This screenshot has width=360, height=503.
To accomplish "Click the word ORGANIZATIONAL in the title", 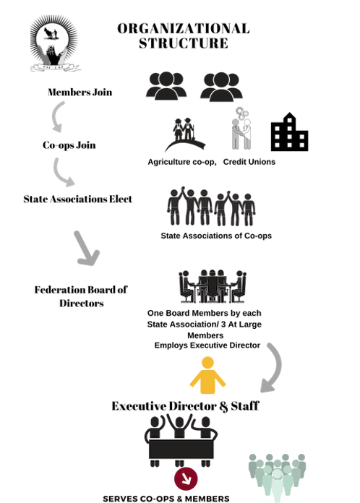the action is click(183, 29).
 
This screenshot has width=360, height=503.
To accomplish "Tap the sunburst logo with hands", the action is click(54, 43).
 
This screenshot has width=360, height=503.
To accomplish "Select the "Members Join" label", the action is click(80, 92).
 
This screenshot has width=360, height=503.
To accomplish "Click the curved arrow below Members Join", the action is click(58, 116).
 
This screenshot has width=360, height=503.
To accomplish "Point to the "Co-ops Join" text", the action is click(69, 145).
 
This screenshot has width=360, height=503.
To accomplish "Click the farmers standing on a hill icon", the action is click(185, 134).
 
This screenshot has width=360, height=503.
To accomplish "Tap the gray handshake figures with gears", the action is click(241, 129).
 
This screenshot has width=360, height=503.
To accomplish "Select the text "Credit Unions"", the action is click(249, 162).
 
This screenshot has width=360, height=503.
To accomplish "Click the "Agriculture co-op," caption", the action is click(182, 162).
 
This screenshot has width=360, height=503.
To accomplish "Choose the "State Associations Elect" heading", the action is click(77, 199).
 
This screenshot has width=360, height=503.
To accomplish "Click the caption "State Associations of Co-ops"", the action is click(216, 236).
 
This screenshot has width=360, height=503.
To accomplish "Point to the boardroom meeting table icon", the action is click(212, 286).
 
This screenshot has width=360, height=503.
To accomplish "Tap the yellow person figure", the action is click(207, 375).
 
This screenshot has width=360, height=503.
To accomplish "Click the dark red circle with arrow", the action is click(186, 479).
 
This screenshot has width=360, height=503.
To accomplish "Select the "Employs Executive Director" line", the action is click(207, 345).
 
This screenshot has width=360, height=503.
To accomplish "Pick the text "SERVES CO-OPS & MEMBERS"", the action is click(166, 499).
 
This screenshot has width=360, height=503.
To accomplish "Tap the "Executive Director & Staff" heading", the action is click(185, 406).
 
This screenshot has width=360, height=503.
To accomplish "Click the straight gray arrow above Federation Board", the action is click(86, 249).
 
